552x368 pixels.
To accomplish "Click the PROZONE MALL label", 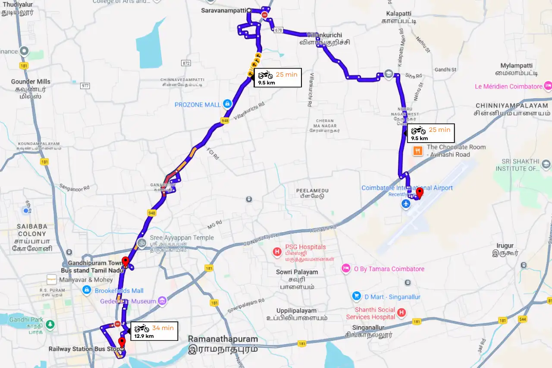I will [198, 105].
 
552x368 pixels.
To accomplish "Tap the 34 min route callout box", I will [154, 331].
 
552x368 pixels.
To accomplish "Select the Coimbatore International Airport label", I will [407, 188].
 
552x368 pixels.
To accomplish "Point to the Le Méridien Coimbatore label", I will [508, 87].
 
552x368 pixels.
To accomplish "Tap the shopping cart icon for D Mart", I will [356, 296].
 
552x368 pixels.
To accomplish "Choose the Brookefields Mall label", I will [119, 291].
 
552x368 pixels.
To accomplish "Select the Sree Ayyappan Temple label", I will [182, 238].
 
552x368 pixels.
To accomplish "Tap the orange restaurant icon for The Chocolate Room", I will [417, 151].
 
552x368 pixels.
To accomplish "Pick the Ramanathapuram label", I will [223, 340].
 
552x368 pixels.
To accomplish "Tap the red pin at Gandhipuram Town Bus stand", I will [125, 262].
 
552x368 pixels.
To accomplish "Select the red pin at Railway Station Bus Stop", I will [122, 343].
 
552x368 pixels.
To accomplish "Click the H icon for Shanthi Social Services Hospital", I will [401, 312].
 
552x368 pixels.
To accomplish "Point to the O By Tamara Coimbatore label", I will [389, 269].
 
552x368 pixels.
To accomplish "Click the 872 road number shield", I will [186, 63].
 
